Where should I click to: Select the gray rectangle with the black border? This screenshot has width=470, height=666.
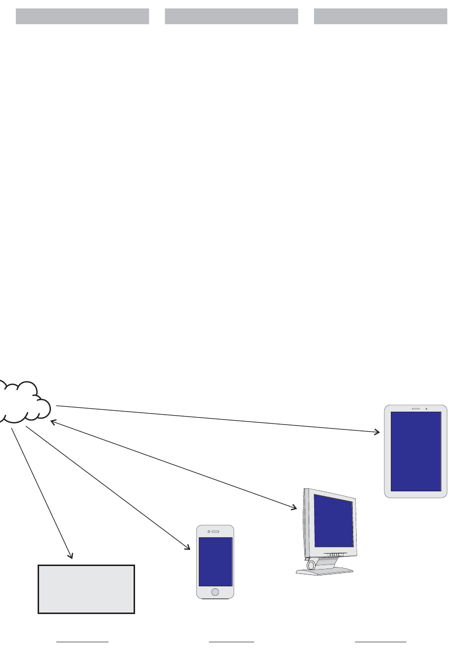click(86, 589)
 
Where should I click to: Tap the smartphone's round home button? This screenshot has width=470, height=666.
click(215, 592)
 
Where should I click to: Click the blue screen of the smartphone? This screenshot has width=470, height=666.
click(215, 562)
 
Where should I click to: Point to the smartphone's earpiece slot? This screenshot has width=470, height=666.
click(215, 531)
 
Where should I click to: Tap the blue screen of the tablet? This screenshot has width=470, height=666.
click(416, 451)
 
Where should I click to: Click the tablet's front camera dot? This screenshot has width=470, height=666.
click(426, 409)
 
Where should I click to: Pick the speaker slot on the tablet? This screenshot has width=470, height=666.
click(416, 409)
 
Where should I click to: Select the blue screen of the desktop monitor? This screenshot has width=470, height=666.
click(334, 521)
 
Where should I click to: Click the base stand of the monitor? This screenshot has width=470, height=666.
click(325, 571)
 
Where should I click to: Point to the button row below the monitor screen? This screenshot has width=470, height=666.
click(335, 555)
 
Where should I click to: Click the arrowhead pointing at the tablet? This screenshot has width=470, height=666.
click(376, 432)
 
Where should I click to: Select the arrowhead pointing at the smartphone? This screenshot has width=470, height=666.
click(188, 547)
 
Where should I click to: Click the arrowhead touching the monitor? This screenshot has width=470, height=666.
click(293, 507)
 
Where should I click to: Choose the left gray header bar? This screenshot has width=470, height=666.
click(82, 16)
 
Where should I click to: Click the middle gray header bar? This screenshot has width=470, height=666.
click(232, 16)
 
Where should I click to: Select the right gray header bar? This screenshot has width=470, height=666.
click(380, 16)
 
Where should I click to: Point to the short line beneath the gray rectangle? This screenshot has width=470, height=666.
click(82, 642)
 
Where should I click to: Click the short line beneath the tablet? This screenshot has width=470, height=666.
click(380, 642)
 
